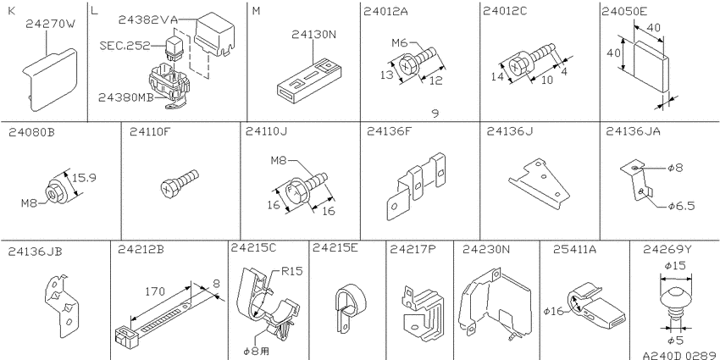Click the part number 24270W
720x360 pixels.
50,24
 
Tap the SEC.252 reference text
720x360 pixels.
125,46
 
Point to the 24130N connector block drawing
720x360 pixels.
312,79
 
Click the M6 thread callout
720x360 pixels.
399,43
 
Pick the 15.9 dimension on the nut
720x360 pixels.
84,178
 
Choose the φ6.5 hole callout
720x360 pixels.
681,206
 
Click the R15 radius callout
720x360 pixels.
292,271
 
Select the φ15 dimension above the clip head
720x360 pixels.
675,265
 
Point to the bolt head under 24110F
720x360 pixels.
169,188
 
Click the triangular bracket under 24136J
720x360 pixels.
539,184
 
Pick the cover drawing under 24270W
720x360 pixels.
50,80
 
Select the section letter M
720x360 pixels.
256,11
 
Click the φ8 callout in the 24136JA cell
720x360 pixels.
675,168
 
